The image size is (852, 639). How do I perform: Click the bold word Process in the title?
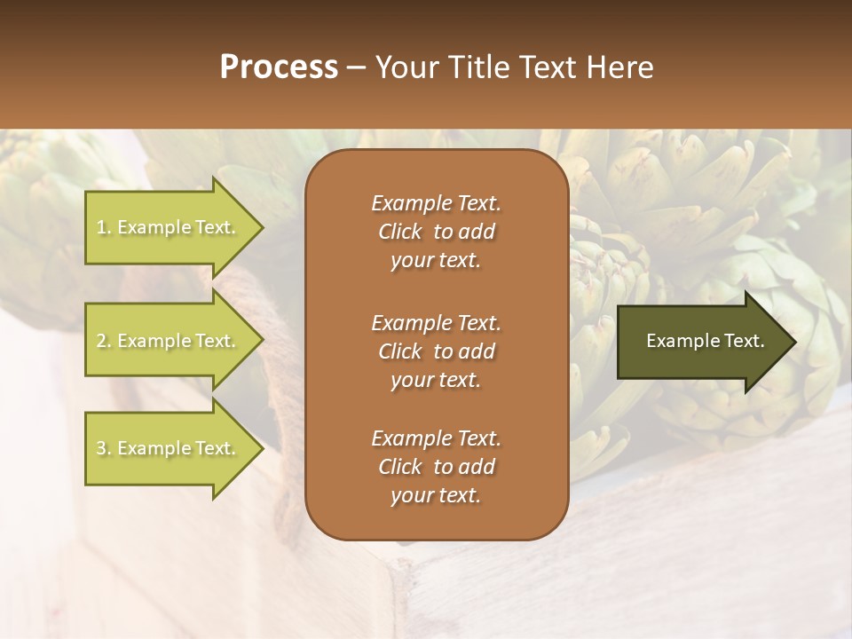coord(279,67)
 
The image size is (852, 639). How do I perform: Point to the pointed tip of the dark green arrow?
coord(794,342)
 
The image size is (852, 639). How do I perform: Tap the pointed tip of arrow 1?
coord(263,228)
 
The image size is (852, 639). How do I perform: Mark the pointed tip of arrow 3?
coord(263,448)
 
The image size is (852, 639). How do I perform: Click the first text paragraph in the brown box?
coord(436,232)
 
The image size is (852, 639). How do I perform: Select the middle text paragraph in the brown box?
coord(436,351)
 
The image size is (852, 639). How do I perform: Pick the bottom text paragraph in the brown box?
coord(436,467)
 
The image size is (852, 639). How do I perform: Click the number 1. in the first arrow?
coord(104,228)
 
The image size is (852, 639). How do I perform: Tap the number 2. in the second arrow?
coord(104,341)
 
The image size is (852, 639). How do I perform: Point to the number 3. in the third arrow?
coord(104,448)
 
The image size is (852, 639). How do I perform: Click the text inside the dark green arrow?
coord(705,341)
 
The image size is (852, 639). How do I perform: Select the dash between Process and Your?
coord(356,67)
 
